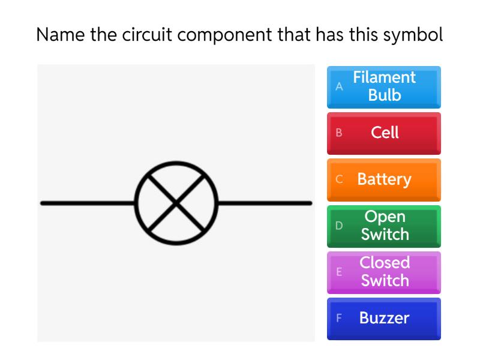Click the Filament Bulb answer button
click(x=384, y=86)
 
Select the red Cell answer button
click(x=384, y=133)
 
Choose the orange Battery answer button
click(x=384, y=179)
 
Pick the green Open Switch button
click(x=384, y=226)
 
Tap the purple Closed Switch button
click(x=384, y=272)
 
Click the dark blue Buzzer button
click(x=384, y=318)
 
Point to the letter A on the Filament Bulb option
click(x=339, y=86)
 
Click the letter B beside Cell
click(x=339, y=133)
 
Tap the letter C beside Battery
click(x=339, y=179)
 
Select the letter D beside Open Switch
click(x=339, y=226)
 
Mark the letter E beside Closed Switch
click(x=339, y=272)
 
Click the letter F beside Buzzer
click(x=339, y=318)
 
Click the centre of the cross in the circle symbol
click(x=176, y=203)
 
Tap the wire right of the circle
click(x=264, y=203)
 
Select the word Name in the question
click(x=61, y=34)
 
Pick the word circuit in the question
click(x=147, y=34)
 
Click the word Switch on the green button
click(x=385, y=235)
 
